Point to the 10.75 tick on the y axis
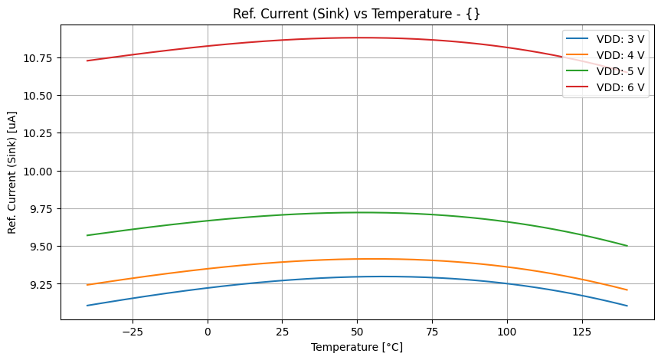(x=39, y=58)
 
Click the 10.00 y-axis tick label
(x=39, y=171)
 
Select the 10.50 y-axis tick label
(x=39, y=96)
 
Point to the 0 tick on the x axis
(x=208, y=332)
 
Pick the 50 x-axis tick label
(x=357, y=332)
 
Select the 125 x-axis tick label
(x=582, y=332)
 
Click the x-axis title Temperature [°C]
(x=357, y=347)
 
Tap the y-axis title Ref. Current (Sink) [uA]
(x=12, y=171)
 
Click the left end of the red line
(x=87, y=61)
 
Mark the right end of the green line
(x=627, y=246)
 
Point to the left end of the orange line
(x=87, y=285)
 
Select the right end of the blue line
(x=627, y=306)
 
